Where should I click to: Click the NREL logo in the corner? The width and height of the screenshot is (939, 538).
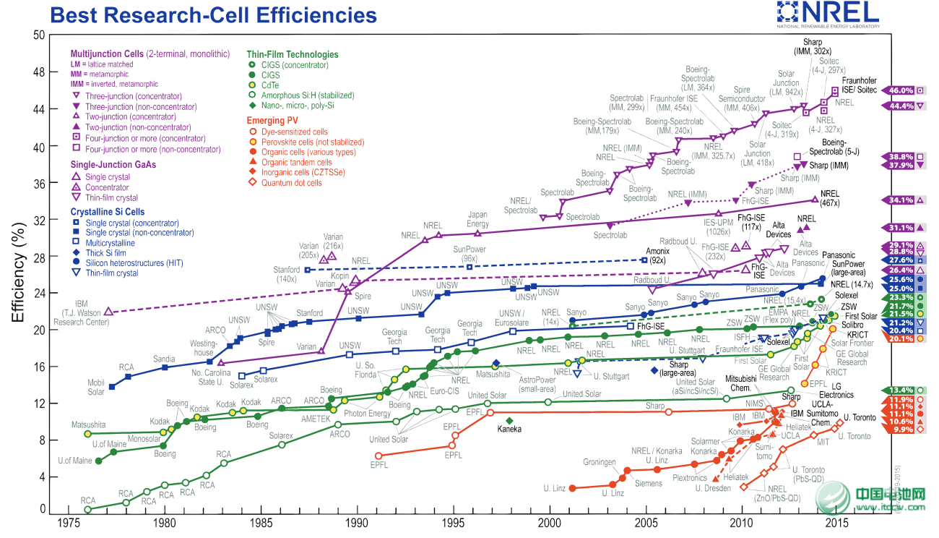828,14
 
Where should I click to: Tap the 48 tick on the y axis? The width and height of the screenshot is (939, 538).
38,72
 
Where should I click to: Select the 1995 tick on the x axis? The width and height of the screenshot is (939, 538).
454,523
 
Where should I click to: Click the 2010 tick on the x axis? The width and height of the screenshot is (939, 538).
741,523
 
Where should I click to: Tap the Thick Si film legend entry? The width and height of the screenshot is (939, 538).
105,253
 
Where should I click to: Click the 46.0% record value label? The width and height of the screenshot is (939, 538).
902,90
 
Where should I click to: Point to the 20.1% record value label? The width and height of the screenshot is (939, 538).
902,338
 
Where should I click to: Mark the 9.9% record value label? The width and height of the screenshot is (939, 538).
902,430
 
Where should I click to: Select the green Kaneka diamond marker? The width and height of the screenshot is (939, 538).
509,420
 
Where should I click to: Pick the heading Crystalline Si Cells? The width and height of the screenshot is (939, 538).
117,212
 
